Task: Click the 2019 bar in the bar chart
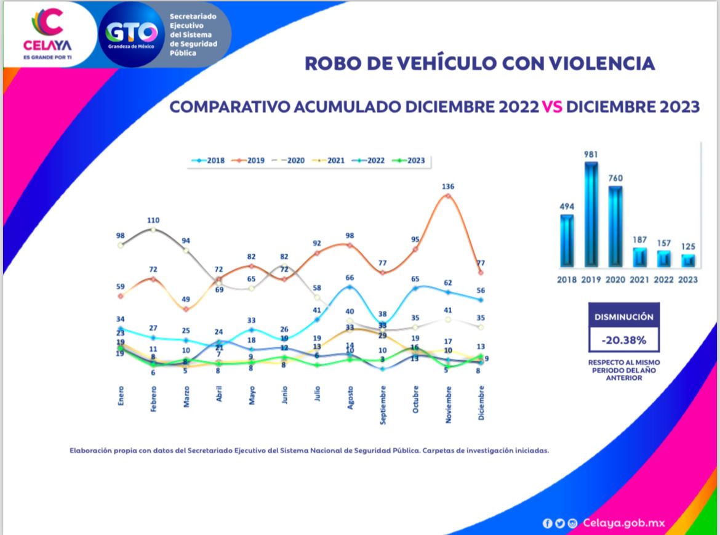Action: coord(591,214)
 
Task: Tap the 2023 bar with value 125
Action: coord(688,260)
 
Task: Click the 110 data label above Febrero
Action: coord(153,220)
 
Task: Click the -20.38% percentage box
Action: coord(623,340)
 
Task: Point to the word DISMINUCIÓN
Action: coord(623,317)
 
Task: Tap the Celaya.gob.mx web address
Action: coord(623,523)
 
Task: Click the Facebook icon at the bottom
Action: coord(547,523)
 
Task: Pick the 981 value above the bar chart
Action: coord(591,155)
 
